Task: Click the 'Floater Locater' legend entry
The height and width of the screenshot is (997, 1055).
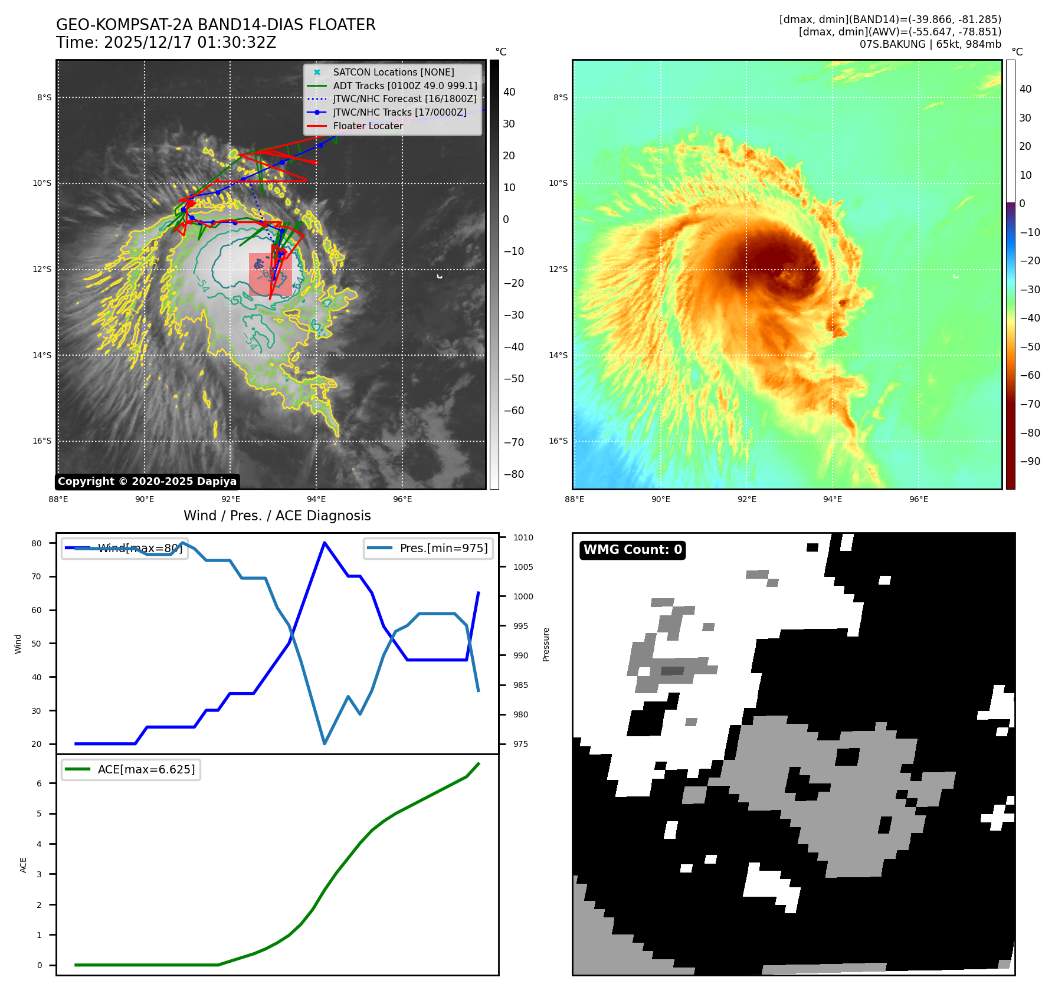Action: [x=368, y=126]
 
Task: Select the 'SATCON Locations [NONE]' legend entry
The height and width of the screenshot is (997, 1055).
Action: [x=393, y=72]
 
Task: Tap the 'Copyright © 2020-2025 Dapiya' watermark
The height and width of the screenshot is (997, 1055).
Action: [x=147, y=481]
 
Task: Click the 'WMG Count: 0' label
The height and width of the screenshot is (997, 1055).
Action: [x=633, y=550]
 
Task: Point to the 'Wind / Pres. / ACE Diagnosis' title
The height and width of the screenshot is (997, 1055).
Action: [x=277, y=516]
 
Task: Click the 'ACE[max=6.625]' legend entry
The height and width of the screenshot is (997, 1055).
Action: [x=146, y=769]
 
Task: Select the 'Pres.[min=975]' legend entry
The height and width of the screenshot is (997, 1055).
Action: [x=443, y=548]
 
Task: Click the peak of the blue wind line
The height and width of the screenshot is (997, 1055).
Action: [x=325, y=542]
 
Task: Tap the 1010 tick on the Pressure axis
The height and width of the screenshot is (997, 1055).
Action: [x=523, y=537]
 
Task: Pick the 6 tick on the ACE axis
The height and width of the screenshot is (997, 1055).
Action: [x=40, y=783]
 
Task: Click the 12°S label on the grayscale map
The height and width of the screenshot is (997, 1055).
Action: [x=42, y=269]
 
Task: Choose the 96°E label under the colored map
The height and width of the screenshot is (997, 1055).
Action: [x=918, y=499]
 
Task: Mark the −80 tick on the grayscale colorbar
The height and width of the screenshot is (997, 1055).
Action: [x=513, y=474]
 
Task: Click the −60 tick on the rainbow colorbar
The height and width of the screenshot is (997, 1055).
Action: [x=1030, y=375]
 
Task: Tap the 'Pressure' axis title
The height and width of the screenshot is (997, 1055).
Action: [x=546, y=644]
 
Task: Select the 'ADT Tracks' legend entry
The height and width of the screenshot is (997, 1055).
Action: [x=405, y=86]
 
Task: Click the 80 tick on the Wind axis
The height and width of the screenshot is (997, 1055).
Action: [x=37, y=543]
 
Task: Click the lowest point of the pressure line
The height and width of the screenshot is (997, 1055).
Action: [x=325, y=743]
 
